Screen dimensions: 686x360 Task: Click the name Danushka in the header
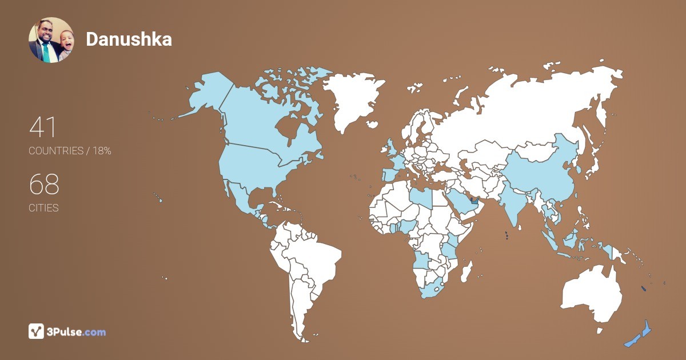click(129, 39)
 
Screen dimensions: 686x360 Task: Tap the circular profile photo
click(51, 39)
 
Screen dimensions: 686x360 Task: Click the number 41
click(43, 127)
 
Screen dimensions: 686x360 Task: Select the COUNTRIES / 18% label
click(70, 151)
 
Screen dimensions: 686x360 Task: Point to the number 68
click(44, 185)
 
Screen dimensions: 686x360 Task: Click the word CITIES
click(43, 208)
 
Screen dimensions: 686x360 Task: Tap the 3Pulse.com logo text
click(77, 332)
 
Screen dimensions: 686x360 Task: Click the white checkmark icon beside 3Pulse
click(36, 331)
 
